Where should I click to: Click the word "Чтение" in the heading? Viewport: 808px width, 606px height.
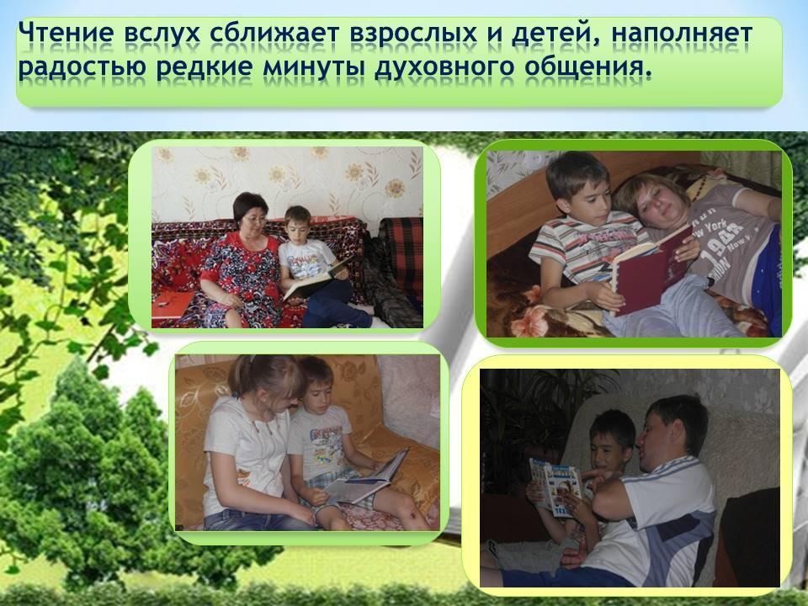66,33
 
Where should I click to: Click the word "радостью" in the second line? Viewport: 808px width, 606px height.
82,68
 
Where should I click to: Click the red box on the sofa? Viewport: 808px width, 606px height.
172,305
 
